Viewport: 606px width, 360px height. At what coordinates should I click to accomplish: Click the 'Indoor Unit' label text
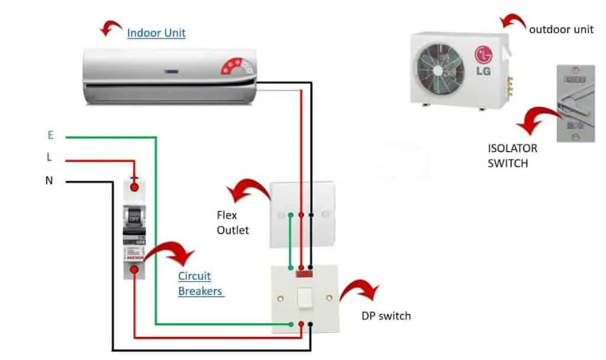coord(156,33)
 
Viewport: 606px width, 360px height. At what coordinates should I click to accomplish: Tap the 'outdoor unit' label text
coord(561,29)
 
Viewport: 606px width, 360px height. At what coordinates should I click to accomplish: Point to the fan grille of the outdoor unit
coord(439,70)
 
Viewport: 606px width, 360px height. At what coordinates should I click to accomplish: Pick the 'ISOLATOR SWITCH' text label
coord(512,155)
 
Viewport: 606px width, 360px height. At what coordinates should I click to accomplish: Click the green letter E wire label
coord(50,136)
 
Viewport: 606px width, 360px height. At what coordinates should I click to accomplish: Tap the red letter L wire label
coord(50,158)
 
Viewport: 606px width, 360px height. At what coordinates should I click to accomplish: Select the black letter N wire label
coord(49,181)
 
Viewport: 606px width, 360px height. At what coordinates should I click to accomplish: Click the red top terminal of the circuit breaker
coord(134,187)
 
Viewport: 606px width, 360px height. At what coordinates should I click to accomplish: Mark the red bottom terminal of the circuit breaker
coord(134,270)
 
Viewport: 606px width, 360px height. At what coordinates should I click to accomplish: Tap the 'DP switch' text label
coord(386,316)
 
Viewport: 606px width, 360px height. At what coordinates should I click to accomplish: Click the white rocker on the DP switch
coord(306,298)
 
